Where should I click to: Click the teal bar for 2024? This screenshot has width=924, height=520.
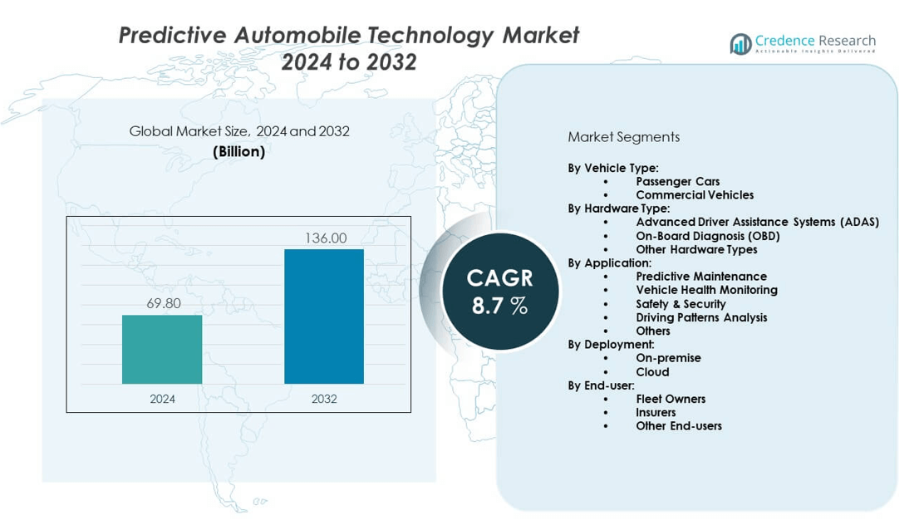tap(162, 349)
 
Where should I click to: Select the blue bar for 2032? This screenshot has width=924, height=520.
tap(324, 316)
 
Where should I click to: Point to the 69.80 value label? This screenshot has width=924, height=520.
tap(164, 304)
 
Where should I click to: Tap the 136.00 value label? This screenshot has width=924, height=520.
tap(326, 238)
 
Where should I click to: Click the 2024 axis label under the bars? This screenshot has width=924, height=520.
tap(163, 399)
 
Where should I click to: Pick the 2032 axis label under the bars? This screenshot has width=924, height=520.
tap(324, 399)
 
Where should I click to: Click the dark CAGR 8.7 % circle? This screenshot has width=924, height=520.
tap(499, 291)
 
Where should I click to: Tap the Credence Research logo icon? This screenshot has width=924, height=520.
tap(740, 44)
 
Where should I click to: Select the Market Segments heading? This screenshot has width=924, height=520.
tap(623, 137)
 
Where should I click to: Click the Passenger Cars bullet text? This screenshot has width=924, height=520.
tap(677, 181)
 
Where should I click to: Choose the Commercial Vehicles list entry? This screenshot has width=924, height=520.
tap(695, 195)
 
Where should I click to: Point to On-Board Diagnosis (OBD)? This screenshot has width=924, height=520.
tap(708, 236)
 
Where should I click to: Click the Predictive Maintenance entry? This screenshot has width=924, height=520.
tap(701, 276)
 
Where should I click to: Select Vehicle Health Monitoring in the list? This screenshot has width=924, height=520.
tap(706, 290)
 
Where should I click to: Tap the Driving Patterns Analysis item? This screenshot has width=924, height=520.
tap(701, 317)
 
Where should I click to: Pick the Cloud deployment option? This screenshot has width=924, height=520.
tap(652, 372)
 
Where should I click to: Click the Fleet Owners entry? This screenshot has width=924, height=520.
tap(671, 399)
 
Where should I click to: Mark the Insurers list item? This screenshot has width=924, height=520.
tap(656, 412)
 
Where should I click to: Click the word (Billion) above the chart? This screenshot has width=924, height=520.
tap(239, 151)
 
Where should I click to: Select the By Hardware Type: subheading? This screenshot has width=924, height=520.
tap(618, 208)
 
